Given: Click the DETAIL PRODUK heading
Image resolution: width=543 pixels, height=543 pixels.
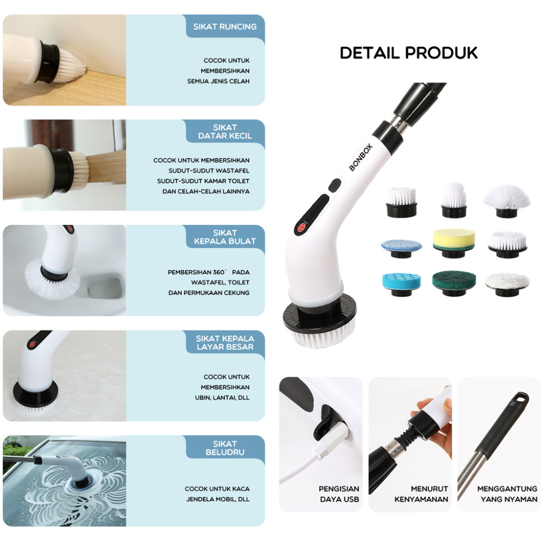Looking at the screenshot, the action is pos(409,53).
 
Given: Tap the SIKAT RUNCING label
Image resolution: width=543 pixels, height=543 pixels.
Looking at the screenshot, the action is pos(225,27).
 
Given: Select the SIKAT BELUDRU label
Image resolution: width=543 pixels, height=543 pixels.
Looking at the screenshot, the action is pos(225,448).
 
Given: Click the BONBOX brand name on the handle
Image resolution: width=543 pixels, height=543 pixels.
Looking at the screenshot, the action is pos(361,157).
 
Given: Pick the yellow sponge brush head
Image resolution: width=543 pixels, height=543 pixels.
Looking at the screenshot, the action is pos(453,243).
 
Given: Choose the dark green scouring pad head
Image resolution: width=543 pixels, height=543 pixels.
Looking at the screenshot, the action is pos(454,283).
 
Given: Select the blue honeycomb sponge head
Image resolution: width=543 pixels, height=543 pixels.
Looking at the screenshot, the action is pos(401,284).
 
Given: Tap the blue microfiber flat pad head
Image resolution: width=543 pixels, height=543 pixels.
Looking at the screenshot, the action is pos(401,248).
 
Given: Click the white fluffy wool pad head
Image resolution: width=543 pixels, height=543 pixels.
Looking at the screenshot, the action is pos(507,284).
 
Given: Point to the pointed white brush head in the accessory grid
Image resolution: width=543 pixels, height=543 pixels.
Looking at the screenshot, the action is pos(453,200).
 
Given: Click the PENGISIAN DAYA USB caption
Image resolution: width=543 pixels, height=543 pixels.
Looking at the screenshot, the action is pos(339,494).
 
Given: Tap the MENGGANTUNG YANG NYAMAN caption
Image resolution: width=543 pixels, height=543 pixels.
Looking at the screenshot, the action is pos(507,494).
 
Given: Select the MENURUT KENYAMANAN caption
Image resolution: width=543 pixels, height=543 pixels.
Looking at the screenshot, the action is pos(421,494).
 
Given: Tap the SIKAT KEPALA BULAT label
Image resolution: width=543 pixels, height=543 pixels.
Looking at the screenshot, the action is pos(225,237).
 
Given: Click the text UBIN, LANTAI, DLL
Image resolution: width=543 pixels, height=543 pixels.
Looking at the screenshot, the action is pos(222,397).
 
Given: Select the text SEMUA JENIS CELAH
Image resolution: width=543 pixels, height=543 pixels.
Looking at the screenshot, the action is pos(218,81).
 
